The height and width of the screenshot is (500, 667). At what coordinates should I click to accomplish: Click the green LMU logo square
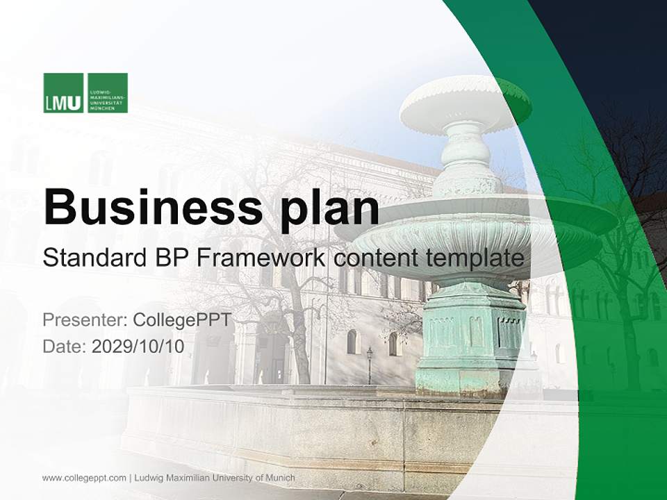click(63, 93)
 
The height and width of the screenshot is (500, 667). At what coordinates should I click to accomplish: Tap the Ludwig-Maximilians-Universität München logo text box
click(108, 93)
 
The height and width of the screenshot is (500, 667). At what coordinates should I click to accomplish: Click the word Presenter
click(83, 320)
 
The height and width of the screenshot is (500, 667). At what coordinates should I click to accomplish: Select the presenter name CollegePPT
click(181, 320)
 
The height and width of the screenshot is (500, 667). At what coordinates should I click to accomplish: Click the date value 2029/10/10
click(138, 347)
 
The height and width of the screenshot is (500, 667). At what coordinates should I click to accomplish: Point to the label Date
click(63, 347)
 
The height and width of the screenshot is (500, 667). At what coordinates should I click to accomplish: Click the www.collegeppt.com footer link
click(84, 478)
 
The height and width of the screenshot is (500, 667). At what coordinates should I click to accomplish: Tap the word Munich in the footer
click(279, 478)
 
